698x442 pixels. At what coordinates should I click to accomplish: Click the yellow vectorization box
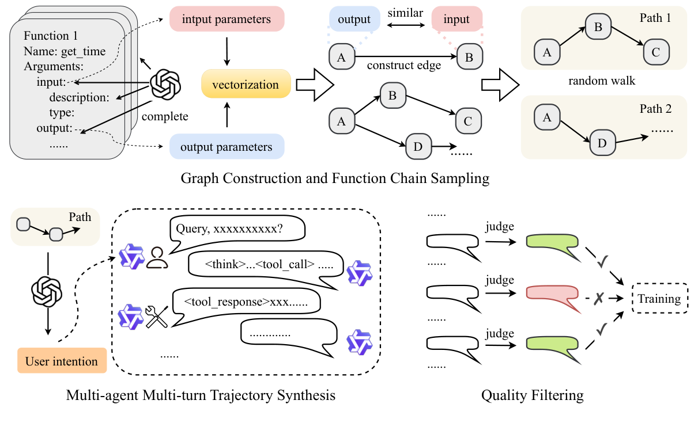246,85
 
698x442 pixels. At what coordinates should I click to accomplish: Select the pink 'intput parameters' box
226,20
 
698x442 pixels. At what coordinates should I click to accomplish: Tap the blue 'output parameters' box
226,147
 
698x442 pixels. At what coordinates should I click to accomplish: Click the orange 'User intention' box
62,361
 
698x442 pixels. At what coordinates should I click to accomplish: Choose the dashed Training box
659,299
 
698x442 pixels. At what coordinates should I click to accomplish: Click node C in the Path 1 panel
657,52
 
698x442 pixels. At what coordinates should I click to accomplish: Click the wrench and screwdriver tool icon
156,317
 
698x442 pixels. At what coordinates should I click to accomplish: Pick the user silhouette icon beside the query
156,258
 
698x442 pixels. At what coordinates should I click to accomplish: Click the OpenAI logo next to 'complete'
165,87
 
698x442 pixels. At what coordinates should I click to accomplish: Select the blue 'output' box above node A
354,20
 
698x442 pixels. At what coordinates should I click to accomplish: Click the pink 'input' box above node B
456,20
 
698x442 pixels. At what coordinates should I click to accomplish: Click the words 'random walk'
602,81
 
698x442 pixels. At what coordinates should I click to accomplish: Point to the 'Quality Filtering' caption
532,395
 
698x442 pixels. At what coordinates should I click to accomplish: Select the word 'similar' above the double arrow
405,13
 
